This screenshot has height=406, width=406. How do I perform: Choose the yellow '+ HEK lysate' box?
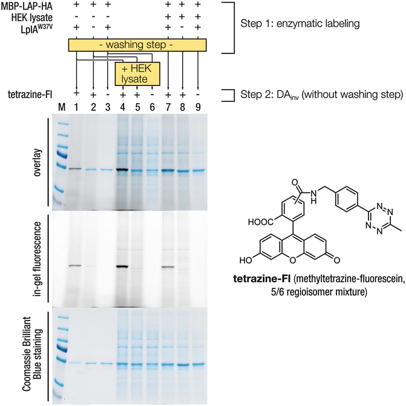[x=137, y=73]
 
